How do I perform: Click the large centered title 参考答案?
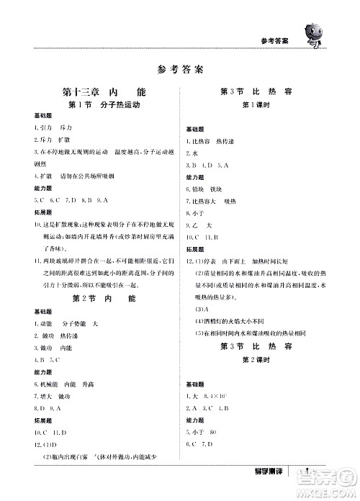point(179,70)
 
